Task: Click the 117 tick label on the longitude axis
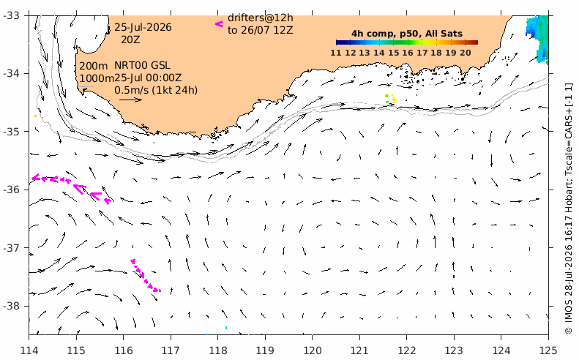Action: (x=171, y=350)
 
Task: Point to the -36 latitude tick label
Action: (x=12, y=190)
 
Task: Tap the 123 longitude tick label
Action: (x=454, y=350)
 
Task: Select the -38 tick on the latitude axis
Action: (x=12, y=306)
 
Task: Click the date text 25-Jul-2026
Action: (x=143, y=27)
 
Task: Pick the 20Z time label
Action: (x=130, y=39)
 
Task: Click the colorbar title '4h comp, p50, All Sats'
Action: (x=407, y=34)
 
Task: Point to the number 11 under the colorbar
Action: (x=336, y=53)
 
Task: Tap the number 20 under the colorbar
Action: (x=466, y=53)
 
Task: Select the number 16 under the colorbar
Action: (x=408, y=53)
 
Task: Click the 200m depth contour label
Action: (x=94, y=66)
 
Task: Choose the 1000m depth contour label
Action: (x=97, y=78)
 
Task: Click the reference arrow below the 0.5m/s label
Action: (x=131, y=100)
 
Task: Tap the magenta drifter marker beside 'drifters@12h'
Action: (x=219, y=24)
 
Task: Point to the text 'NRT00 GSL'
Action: (x=142, y=65)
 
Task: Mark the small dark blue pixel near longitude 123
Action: (x=454, y=276)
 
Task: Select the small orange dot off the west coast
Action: (x=35, y=116)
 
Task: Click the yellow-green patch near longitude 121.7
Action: (x=391, y=99)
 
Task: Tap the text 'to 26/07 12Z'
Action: (x=261, y=30)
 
